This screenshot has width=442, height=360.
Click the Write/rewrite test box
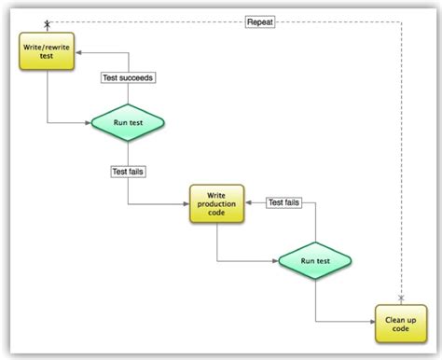[x=47, y=52]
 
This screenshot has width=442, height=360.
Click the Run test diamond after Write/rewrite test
[x=127, y=122]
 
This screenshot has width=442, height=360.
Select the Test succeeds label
[x=128, y=77]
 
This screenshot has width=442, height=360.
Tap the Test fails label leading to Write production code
[x=128, y=171]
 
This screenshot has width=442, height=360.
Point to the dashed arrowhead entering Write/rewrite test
[x=47, y=27]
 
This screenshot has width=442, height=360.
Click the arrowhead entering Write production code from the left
[x=187, y=204]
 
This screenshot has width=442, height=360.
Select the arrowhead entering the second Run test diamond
[x=278, y=262]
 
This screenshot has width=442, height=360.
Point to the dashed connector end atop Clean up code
[x=402, y=298]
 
